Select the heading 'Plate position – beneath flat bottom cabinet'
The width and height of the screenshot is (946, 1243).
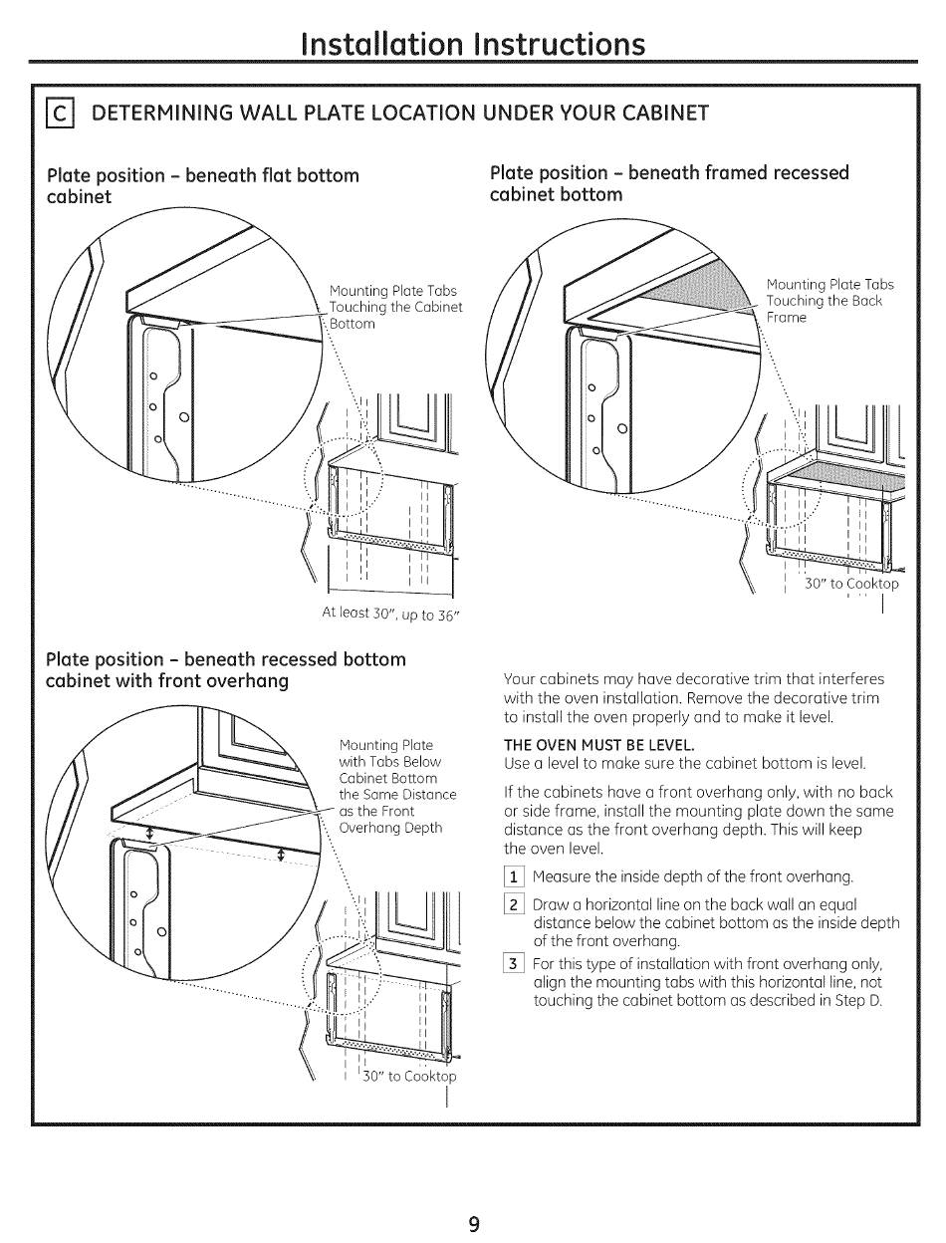click(x=203, y=185)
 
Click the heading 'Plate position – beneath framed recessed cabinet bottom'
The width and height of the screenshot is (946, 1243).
click(x=669, y=183)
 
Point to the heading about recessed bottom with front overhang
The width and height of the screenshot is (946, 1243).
click(x=227, y=670)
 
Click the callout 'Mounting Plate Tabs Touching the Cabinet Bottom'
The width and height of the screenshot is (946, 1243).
click(x=395, y=307)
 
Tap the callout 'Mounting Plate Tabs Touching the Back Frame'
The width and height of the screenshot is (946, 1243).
click(x=829, y=301)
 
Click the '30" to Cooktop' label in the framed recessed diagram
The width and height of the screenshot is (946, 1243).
click(x=850, y=585)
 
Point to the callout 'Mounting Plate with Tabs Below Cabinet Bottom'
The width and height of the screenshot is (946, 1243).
click(x=397, y=785)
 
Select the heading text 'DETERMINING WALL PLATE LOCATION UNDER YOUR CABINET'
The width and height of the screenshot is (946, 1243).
click(x=399, y=113)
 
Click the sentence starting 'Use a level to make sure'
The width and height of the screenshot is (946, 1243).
click(x=685, y=763)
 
